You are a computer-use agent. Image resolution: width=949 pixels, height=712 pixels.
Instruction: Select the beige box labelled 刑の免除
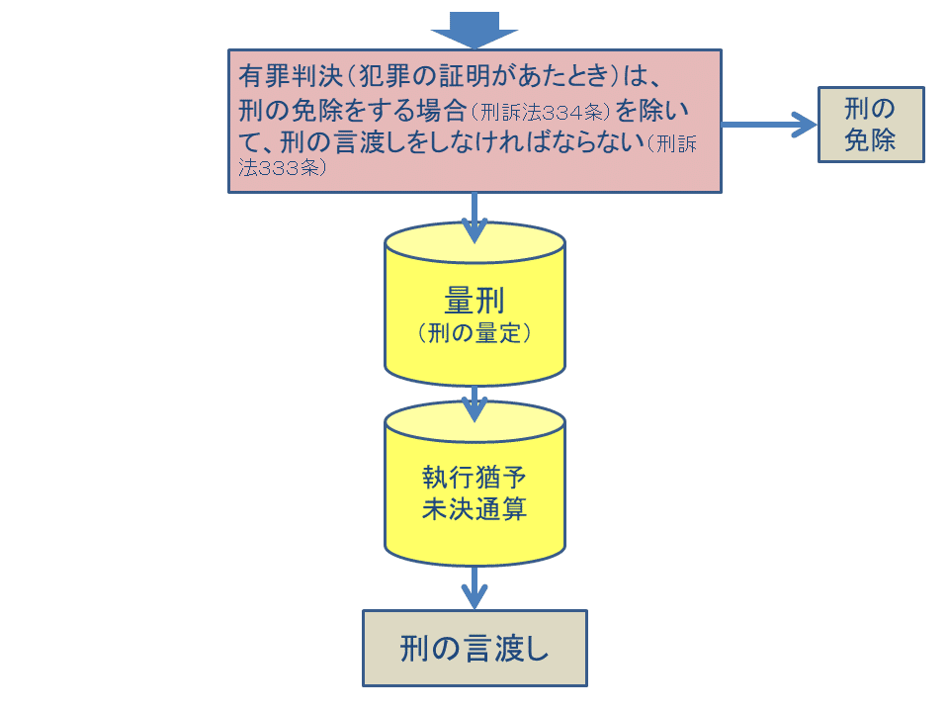[x=871, y=125]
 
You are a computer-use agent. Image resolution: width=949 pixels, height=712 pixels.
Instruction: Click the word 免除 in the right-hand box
[x=871, y=140]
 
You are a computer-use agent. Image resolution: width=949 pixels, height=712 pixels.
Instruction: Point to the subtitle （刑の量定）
[x=474, y=333]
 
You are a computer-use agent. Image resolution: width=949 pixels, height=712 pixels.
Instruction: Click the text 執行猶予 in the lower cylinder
[x=474, y=478]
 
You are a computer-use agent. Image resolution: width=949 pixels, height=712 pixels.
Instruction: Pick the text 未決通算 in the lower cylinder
[x=474, y=509]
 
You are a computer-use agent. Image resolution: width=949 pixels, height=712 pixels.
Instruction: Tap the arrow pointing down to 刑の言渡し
[x=474, y=588]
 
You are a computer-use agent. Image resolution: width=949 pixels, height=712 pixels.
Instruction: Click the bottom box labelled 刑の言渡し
[x=474, y=649]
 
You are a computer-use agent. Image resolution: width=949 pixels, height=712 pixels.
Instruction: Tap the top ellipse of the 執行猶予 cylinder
[x=474, y=421]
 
